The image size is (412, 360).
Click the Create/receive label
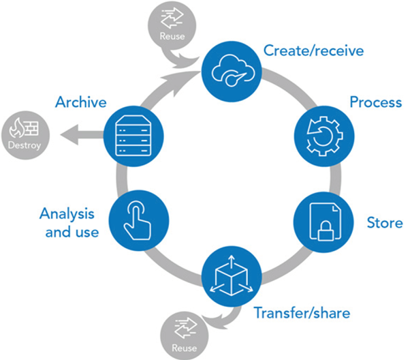click(x=313, y=50)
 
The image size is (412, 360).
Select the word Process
click(x=376, y=102)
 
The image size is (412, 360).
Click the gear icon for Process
click(x=325, y=136)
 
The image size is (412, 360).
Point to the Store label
click(x=385, y=223)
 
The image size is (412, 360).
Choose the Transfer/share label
click(x=302, y=313)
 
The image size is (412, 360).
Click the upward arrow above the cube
click(x=232, y=261)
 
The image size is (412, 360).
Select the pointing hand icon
click(x=138, y=220)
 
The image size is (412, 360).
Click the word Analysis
click(x=67, y=214)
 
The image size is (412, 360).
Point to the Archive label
click(x=81, y=102)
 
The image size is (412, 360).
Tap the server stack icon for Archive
click(x=133, y=136)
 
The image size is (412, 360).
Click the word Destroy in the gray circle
click(x=25, y=145)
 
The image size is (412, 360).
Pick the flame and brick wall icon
click(x=24, y=127)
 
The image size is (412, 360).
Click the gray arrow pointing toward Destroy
click(x=82, y=135)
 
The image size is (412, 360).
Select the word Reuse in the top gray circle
click(x=172, y=36)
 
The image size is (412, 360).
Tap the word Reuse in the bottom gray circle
click(x=184, y=348)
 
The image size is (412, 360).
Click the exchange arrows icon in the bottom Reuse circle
click(x=185, y=329)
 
